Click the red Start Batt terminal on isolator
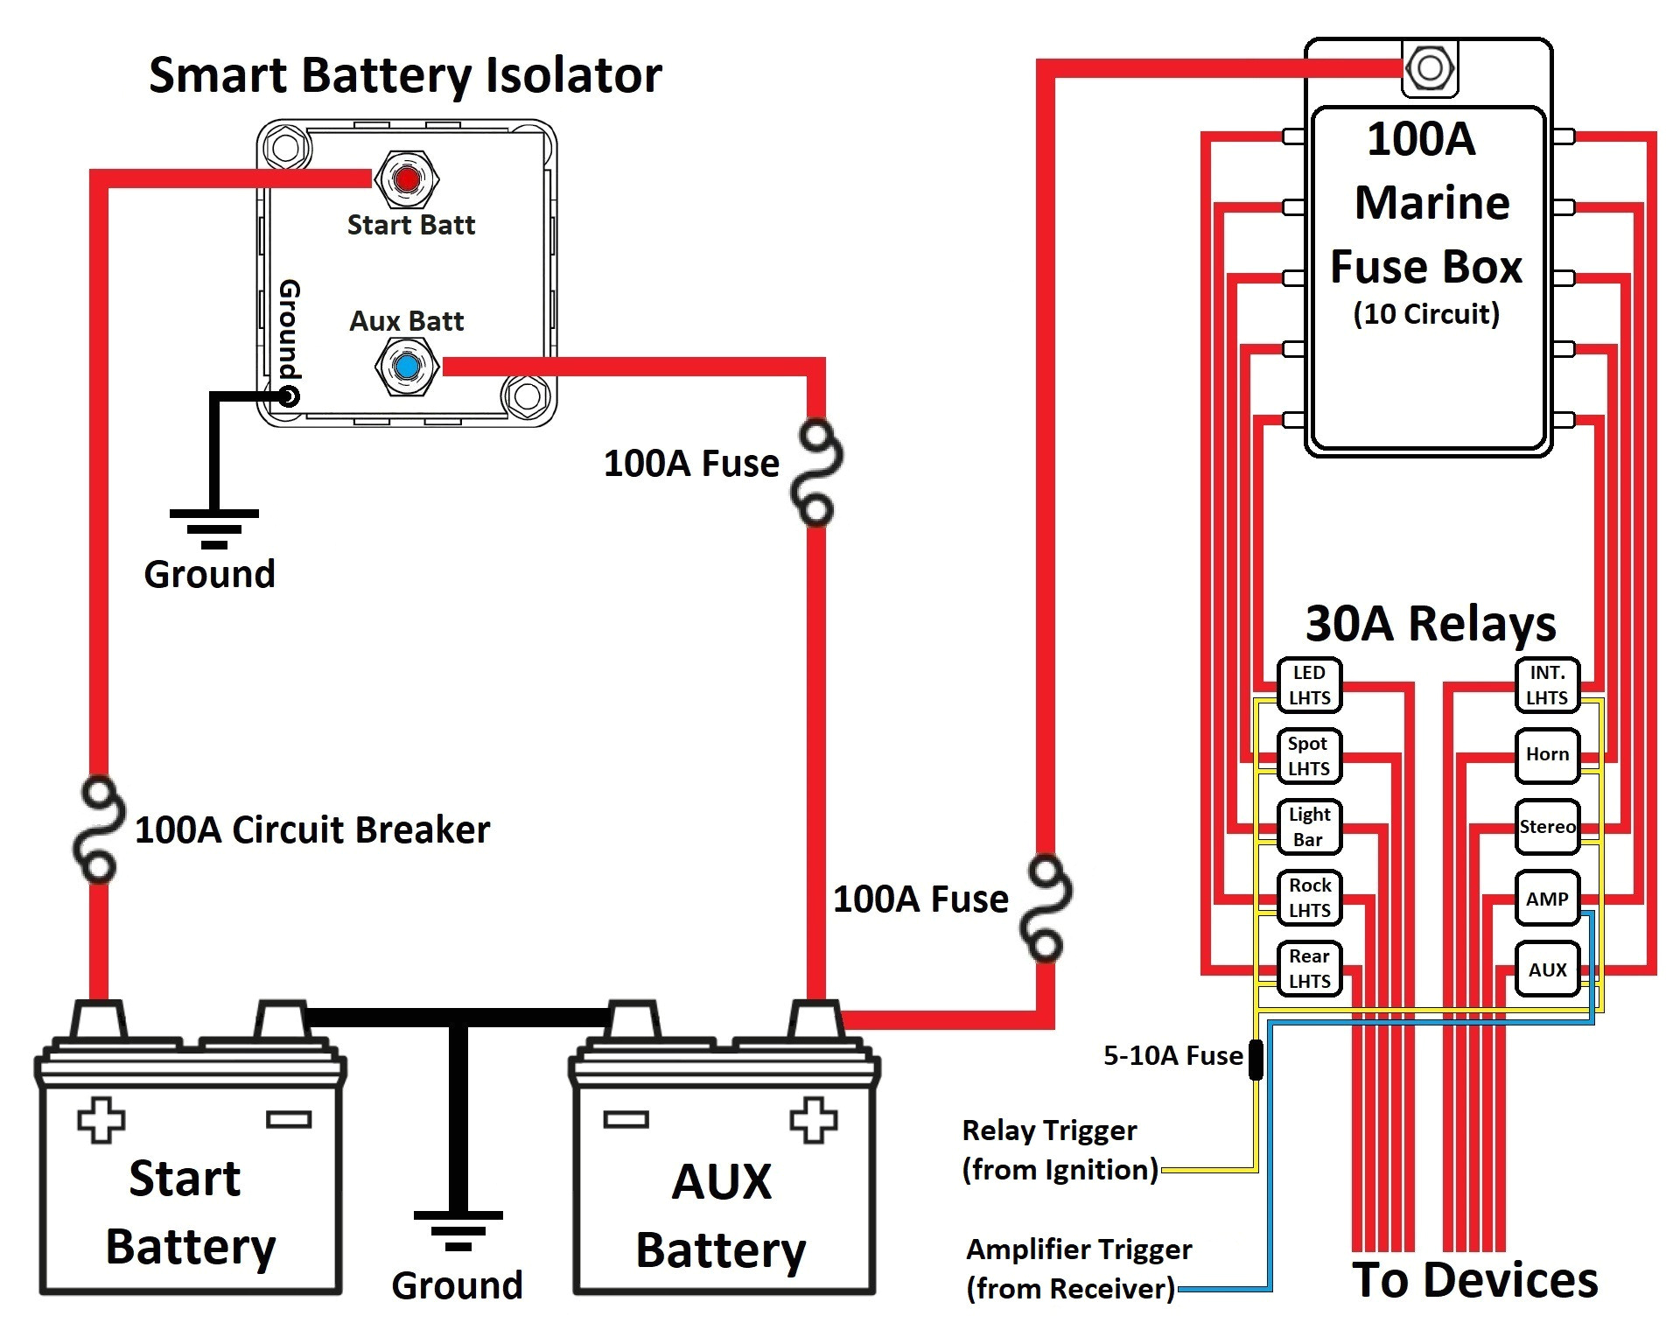coord(407,179)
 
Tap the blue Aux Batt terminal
coord(407,367)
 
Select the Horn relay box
coord(1546,755)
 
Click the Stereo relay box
coord(1546,827)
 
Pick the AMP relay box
coord(1546,899)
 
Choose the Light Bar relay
coord(1308,827)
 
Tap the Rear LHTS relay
coord(1308,969)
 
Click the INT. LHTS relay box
coord(1546,685)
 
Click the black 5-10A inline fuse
coord(1256,1059)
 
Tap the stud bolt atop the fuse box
coord(1429,68)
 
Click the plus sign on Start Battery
coord(101,1120)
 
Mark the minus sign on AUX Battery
coord(626,1120)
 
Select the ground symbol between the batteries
coord(458,1229)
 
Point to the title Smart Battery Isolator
coord(404,75)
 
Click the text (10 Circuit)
coord(1426,313)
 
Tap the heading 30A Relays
coord(1430,624)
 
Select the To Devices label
coord(1474,1280)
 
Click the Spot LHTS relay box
coord(1308,756)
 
